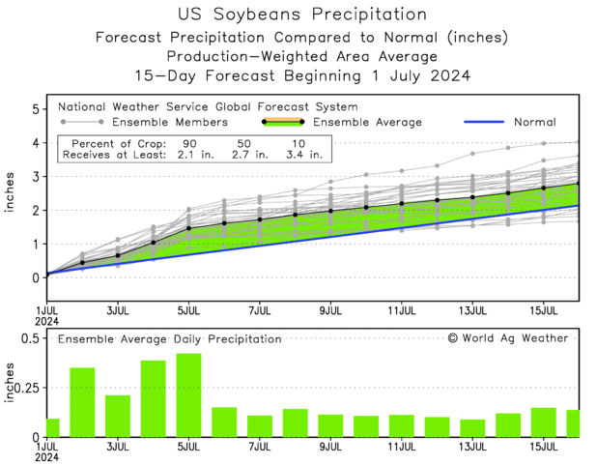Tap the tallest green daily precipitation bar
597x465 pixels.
pos(188,394)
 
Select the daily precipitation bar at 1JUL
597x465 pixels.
pos(52,426)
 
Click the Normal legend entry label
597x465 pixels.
pos(533,123)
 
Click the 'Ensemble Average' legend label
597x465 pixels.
pos(369,123)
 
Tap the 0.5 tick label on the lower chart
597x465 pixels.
pos(29,338)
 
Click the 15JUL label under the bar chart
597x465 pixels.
pos(545,448)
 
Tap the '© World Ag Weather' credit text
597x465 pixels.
pos(508,338)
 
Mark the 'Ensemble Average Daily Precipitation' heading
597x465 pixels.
pos(169,339)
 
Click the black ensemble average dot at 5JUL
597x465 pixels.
pos(188,229)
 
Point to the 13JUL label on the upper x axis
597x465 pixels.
pos(473,312)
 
